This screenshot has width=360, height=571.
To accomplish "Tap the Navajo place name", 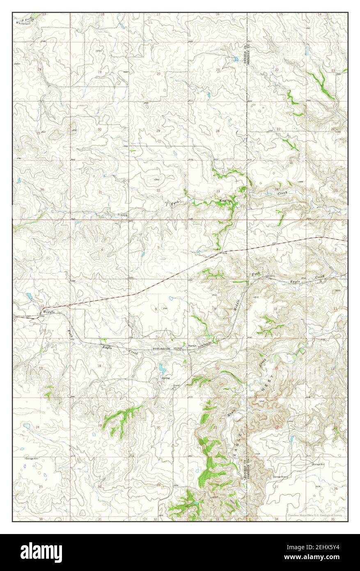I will tap(192, 345).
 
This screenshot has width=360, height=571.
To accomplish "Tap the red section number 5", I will tap(158, 247).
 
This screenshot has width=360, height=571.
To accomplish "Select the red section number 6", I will tap(101, 250).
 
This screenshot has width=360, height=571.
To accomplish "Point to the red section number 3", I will tap(277, 249).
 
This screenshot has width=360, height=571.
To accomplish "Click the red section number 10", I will tap(275, 309).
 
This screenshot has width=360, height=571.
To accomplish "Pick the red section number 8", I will tap(156, 309).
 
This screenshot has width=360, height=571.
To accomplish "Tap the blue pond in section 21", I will tap(236, 59).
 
